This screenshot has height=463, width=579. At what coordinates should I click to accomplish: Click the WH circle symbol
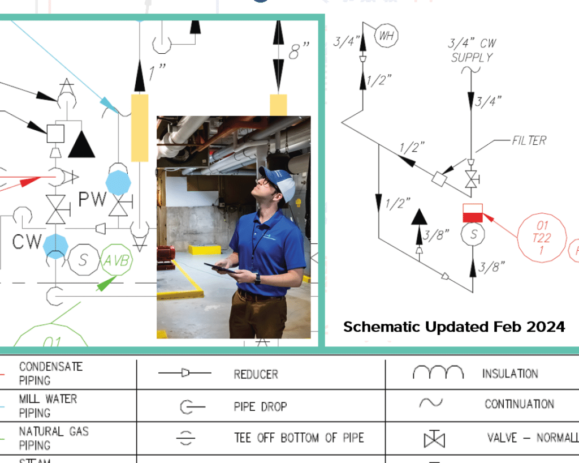(x=387, y=36)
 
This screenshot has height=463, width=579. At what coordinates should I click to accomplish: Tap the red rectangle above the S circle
(x=473, y=213)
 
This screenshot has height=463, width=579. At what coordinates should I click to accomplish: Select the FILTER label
(x=529, y=140)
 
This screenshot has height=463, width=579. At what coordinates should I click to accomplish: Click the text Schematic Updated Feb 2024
(x=454, y=327)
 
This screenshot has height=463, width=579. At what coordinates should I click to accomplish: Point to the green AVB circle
(x=117, y=261)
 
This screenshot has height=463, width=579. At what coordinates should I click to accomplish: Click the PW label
(x=92, y=199)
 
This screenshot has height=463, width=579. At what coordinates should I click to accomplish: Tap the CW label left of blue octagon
(x=27, y=242)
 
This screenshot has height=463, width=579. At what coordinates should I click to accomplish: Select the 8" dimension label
(x=300, y=52)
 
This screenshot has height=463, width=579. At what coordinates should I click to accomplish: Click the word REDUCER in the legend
(x=256, y=374)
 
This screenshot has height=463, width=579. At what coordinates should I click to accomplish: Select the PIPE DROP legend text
(x=261, y=406)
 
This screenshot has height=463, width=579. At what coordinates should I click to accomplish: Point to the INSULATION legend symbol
(x=438, y=372)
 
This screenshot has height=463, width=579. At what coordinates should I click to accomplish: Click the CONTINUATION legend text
(x=519, y=404)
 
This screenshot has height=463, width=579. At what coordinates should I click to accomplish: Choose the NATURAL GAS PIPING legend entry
(x=54, y=438)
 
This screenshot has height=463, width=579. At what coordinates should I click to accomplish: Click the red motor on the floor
(x=166, y=254)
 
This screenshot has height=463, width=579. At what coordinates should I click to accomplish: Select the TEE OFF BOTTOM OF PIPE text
(x=299, y=438)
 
